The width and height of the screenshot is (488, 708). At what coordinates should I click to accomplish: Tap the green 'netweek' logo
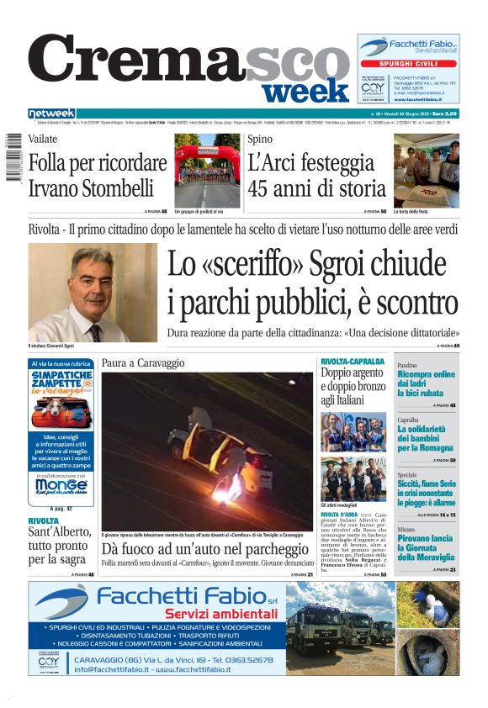click(51, 114)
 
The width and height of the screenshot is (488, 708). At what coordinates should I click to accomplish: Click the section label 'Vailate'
click(43, 140)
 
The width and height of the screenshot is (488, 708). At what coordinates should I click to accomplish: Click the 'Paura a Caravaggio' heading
click(143, 362)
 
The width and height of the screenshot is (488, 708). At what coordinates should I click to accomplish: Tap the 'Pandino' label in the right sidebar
click(407, 366)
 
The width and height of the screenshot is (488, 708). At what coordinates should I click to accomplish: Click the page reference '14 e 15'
click(447, 515)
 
